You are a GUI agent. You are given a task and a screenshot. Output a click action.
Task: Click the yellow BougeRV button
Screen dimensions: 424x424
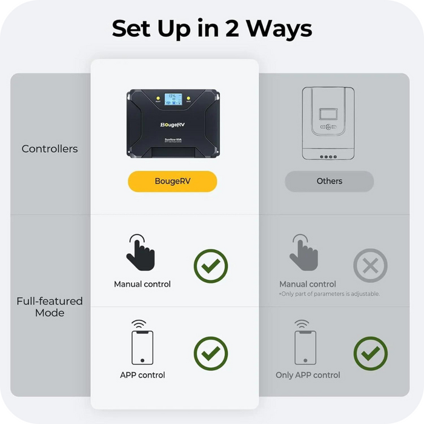[172, 181]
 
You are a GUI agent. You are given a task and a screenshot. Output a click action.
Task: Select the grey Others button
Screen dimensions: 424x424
[329, 181]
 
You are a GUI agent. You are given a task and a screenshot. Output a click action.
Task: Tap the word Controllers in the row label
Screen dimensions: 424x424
[50, 148]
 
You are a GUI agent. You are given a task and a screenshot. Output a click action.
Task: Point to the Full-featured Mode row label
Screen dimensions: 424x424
[50, 306]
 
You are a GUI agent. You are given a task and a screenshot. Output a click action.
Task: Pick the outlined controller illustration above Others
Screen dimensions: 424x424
[328, 124]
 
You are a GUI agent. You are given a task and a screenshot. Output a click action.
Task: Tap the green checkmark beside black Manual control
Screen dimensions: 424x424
[211, 266]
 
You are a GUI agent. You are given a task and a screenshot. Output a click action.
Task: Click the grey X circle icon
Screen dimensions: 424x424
[370, 266]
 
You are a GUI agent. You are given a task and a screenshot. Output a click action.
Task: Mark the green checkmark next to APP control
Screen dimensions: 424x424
[211, 354]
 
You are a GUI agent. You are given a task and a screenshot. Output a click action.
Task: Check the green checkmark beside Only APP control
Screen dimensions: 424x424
[370, 354]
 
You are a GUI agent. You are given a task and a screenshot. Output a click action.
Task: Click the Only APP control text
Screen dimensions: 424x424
[308, 375]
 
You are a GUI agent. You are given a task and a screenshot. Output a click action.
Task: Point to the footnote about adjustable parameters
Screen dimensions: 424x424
[329, 294]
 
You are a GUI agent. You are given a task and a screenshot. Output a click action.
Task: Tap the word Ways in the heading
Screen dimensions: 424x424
[282, 28]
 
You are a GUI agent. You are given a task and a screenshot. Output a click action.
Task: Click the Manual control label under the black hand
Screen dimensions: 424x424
[142, 284]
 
